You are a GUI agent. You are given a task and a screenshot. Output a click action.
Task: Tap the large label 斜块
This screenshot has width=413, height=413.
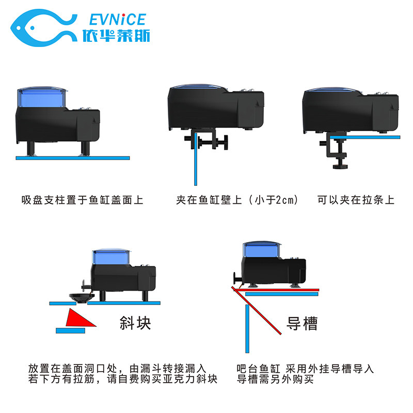point(135,323)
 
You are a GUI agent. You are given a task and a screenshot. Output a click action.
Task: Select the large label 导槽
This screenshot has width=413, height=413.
point(302,323)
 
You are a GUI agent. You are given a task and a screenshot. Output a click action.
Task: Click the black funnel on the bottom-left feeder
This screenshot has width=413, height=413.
point(82,296)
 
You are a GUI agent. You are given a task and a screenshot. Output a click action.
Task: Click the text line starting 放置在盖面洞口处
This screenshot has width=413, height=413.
point(117,369)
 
